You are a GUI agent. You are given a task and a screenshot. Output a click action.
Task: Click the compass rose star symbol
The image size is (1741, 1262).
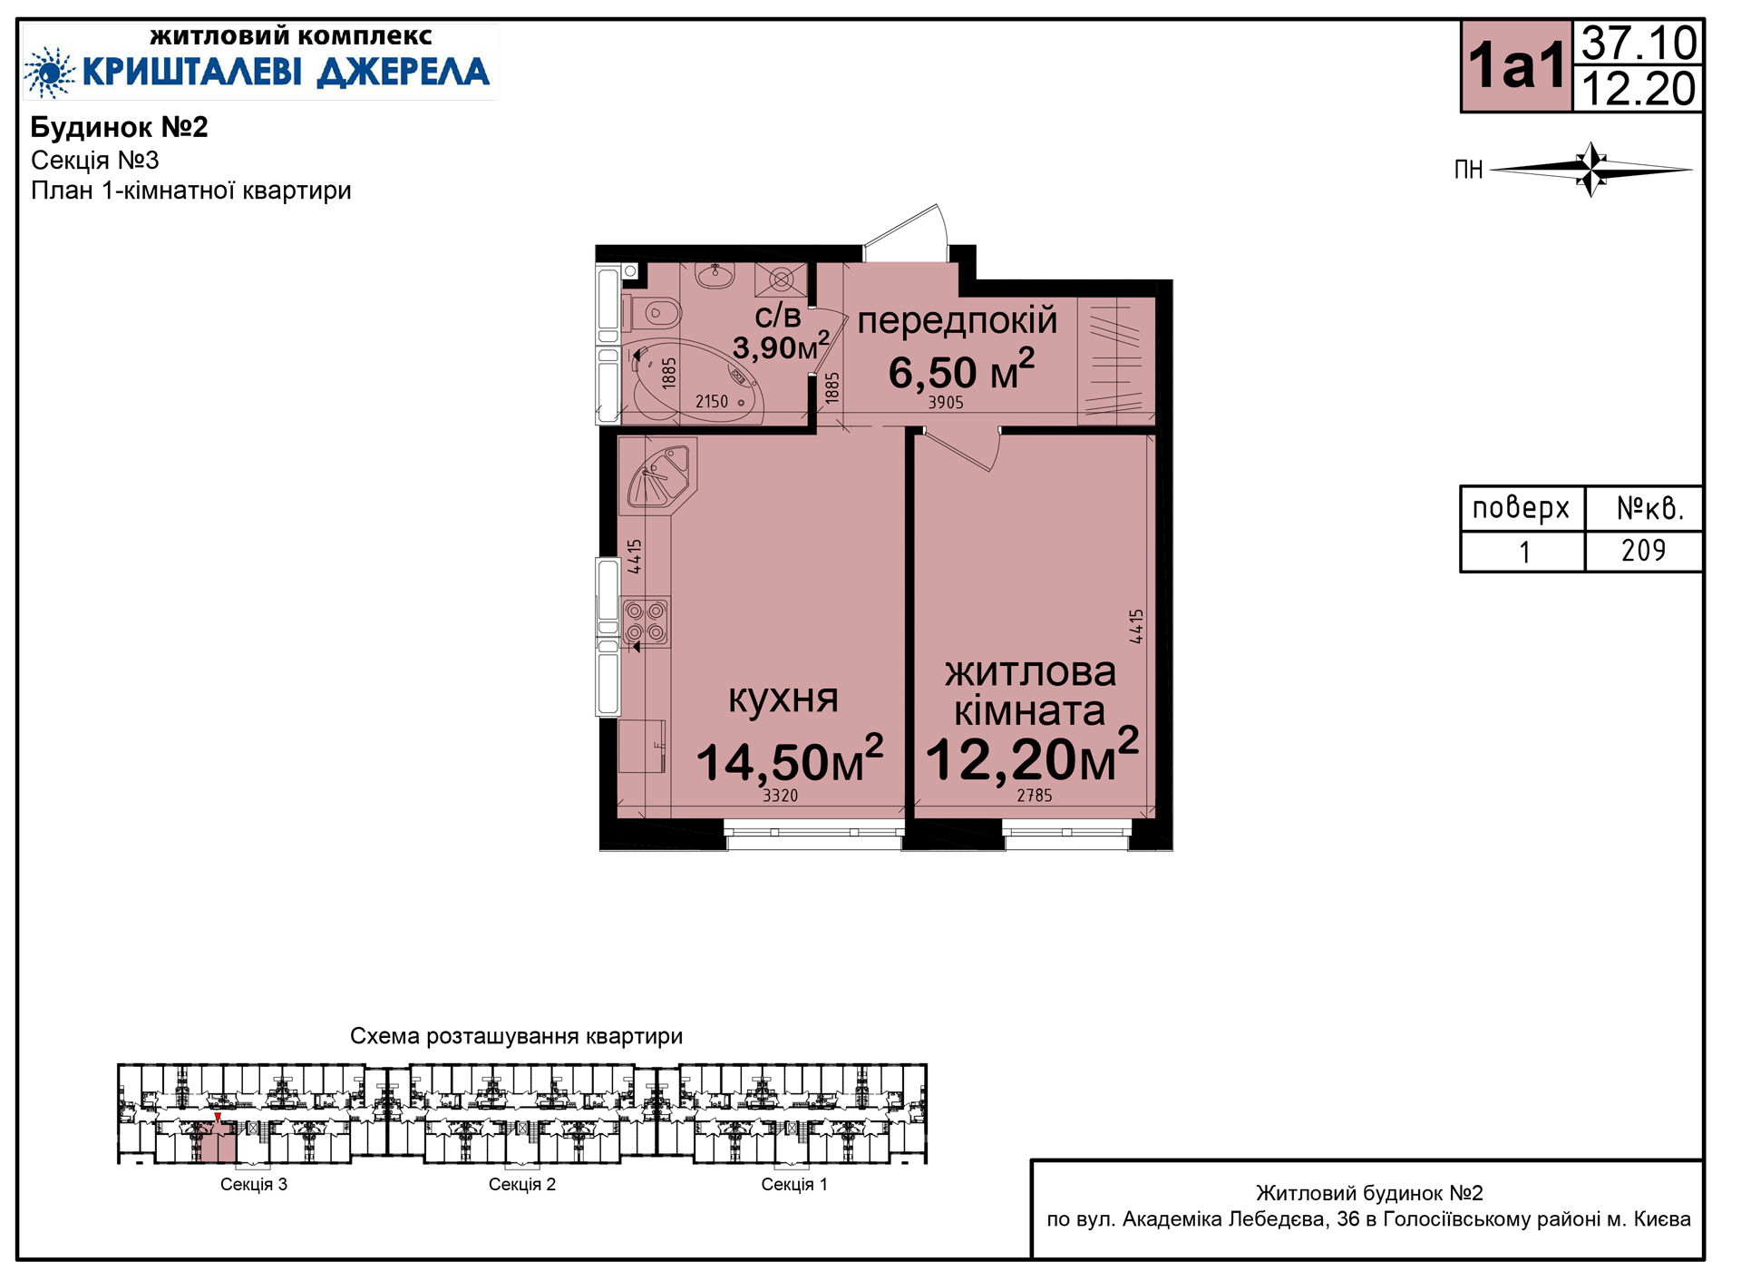(x=1591, y=169)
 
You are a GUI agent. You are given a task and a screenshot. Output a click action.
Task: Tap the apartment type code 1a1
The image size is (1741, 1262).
(x=1517, y=66)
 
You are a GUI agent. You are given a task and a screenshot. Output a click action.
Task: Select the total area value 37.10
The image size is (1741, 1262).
(x=1639, y=43)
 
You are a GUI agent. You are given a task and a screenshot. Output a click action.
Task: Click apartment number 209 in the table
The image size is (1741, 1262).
(x=1643, y=551)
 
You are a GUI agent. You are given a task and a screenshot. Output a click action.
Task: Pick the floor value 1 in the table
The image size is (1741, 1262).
(x=1525, y=552)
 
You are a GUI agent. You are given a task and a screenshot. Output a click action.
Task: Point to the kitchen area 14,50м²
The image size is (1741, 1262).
(x=789, y=758)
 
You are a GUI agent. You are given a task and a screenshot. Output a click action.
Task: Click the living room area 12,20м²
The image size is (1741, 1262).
(x=1032, y=755)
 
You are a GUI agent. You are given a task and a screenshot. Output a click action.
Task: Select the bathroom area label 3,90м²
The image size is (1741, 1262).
(x=781, y=345)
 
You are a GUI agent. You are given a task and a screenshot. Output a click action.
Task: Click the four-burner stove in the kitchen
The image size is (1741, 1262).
(x=646, y=621)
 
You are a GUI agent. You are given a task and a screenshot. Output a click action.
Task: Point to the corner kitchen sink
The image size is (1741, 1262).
(x=661, y=474)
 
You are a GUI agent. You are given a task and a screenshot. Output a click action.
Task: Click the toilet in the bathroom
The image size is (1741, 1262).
(x=652, y=314)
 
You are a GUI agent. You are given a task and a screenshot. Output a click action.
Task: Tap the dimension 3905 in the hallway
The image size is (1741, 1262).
(x=946, y=403)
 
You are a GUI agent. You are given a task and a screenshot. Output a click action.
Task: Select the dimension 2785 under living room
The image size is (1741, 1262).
(x=1035, y=796)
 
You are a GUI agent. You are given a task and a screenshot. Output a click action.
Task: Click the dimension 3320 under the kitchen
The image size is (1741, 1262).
(x=780, y=796)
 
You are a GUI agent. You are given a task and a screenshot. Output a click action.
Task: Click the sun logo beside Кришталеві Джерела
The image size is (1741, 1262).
(x=49, y=72)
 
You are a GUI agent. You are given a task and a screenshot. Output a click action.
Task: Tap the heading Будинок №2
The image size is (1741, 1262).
(x=120, y=127)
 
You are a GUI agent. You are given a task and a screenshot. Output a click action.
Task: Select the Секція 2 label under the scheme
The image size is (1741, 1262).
(x=522, y=1184)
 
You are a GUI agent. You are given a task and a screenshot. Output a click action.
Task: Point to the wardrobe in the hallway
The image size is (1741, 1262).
(x=1116, y=361)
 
